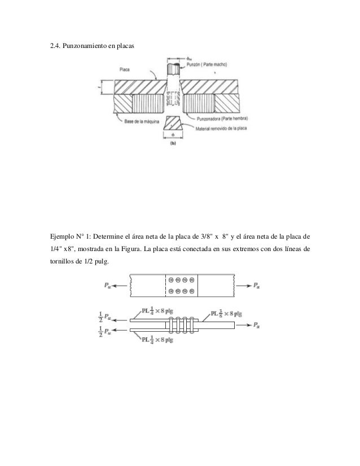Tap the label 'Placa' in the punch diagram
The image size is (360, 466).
[x=126, y=70]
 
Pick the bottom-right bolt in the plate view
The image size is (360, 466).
[x=192, y=291]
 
